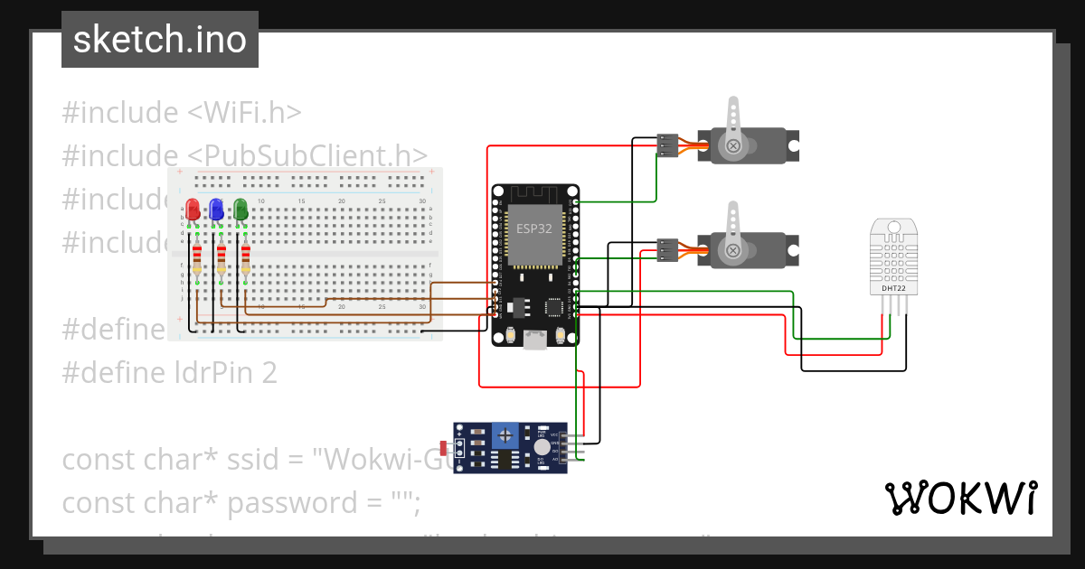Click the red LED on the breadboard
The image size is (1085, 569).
click(192, 210)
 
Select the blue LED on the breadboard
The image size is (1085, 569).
click(216, 210)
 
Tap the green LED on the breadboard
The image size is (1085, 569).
click(241, 210)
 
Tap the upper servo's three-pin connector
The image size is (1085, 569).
click(667, 145)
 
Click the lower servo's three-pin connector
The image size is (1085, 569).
click(667, 249)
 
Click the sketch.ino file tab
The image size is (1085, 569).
click(160, 40)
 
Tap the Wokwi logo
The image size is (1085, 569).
click(961, 498)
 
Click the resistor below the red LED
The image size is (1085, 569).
click(196, 259)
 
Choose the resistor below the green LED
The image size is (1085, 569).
click(245, 259)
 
